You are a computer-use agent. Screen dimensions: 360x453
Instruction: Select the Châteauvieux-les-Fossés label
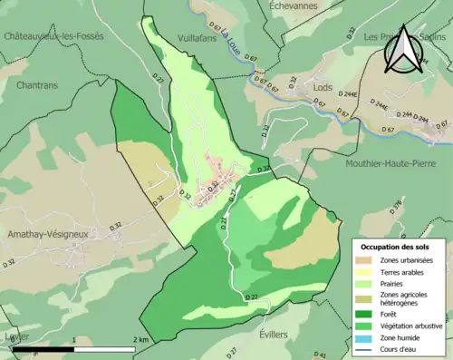point(54,36)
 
